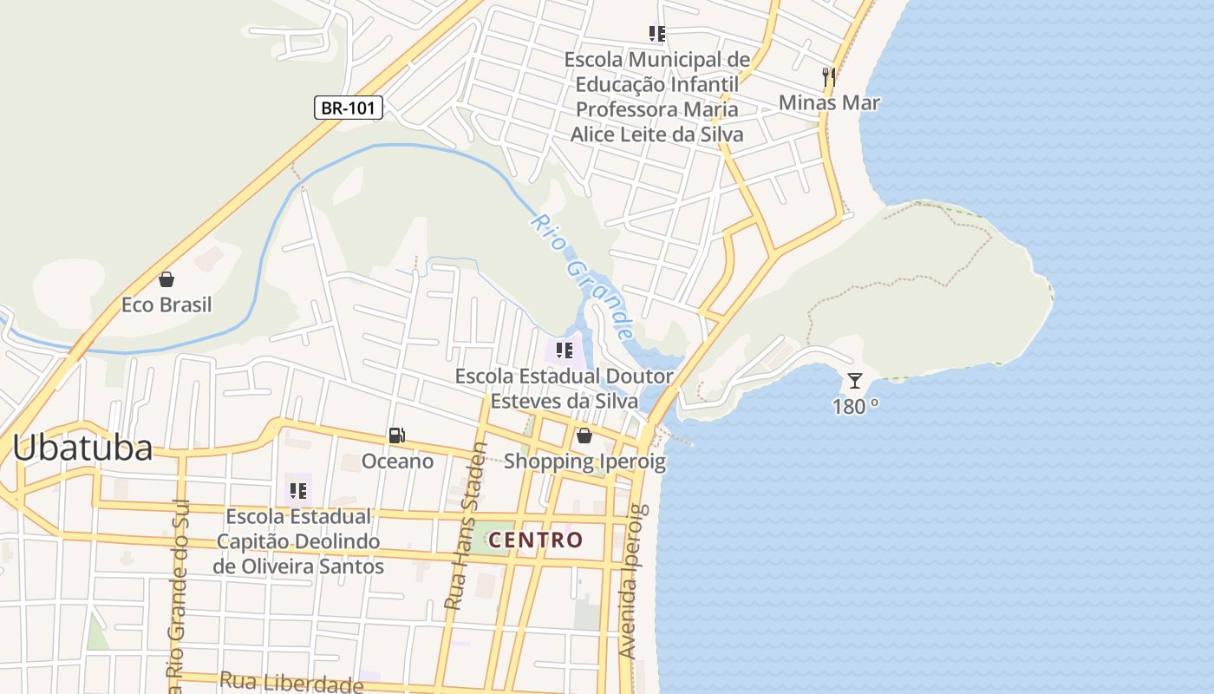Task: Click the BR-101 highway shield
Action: point(348,108)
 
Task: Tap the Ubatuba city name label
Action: point(82,448)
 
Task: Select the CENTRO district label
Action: point(536,540)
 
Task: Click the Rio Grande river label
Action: point(581,277)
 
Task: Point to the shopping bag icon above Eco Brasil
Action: point(166,279)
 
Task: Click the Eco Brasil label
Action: point(166,305)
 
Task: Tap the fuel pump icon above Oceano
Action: point(397,435)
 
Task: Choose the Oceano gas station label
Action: point(397,461)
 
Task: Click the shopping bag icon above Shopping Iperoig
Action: point(584,435)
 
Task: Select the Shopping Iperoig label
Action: point(584,461)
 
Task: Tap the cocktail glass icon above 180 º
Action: point(855,380)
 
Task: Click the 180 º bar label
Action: point(855,406)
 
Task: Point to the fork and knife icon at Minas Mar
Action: point(829,77)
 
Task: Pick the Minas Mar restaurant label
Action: point(829,102)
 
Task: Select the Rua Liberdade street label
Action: point(290,682)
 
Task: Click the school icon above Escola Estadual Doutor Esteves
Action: point(565,350)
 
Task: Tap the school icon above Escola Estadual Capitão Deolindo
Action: point(298,491)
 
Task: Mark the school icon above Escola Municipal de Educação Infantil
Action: point(657,34)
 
